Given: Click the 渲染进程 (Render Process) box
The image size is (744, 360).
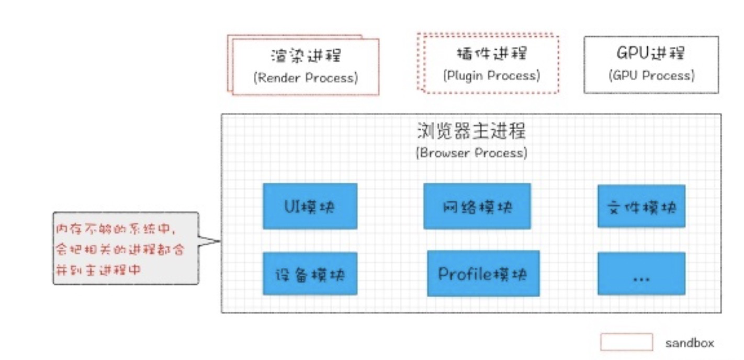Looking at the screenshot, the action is coord(306,66).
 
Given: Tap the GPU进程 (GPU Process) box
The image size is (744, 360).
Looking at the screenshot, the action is coord(651,65).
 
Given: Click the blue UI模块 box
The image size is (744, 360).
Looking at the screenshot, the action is coord(310,206).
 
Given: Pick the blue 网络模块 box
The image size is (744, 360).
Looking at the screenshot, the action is coord(477,206).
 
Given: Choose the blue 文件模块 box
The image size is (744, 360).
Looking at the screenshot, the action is coord(641,206).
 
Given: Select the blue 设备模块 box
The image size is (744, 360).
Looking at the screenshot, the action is coord(310,274).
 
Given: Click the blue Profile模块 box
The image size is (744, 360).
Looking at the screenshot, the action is coord(483,273).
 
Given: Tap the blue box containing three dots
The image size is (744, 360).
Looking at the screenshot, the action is coord(641,274).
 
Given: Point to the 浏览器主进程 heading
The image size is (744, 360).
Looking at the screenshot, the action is coord(471,130).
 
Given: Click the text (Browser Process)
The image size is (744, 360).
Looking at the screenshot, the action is coord(471,153).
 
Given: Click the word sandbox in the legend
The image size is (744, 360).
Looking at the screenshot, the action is coord(690,343).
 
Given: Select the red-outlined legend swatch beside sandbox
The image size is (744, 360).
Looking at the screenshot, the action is coord(626,342).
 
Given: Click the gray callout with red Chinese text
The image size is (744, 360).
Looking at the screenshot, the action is coord(126,248).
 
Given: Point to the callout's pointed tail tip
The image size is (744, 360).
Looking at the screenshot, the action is coord(220,241).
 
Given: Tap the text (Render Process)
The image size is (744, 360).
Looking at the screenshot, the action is coord(306,78).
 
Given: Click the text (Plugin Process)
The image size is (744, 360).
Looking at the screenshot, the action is coord(492,76).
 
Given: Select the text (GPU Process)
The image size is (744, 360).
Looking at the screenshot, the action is coord(652,76).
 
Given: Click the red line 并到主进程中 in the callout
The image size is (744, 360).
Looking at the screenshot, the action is coord(98,270).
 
